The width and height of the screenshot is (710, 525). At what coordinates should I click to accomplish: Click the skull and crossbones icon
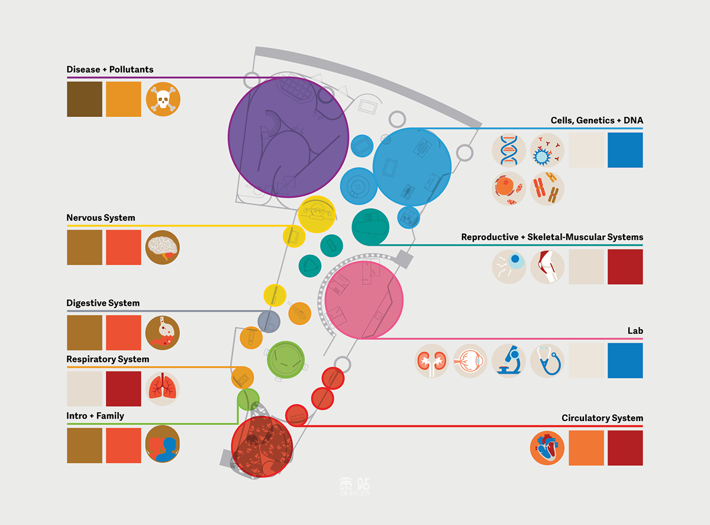point(163,99)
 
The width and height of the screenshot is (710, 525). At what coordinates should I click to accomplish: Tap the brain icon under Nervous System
point(163,247)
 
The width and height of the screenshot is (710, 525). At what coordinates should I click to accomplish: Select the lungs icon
point(163,388)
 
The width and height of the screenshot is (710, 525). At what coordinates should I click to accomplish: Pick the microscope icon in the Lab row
point(509,360)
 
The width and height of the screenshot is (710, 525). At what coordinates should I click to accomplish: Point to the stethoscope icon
point(547,360)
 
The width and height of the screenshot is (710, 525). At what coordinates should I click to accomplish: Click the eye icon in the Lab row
point(470,360)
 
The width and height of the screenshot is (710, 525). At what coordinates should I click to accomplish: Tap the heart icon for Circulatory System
point(547,448)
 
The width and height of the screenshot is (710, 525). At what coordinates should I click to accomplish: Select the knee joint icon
point(547,266)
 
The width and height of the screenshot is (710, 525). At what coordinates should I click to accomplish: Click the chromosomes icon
point(547,189)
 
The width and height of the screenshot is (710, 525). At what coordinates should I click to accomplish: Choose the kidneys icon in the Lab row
point(432,360)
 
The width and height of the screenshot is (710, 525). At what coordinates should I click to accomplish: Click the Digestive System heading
point(103,303)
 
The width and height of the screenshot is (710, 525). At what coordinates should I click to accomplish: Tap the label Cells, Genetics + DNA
point(596,121)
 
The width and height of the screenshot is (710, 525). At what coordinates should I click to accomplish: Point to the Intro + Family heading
point(95,416)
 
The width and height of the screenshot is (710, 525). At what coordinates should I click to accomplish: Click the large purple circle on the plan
point(288,137)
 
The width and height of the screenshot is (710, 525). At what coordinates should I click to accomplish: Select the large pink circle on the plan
point(364,300)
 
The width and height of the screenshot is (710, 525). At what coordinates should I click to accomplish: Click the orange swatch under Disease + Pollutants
point(124,99)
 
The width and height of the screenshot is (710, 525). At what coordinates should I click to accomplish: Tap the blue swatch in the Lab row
point(625,360)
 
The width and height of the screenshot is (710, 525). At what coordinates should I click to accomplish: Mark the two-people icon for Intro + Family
point(163,445)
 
